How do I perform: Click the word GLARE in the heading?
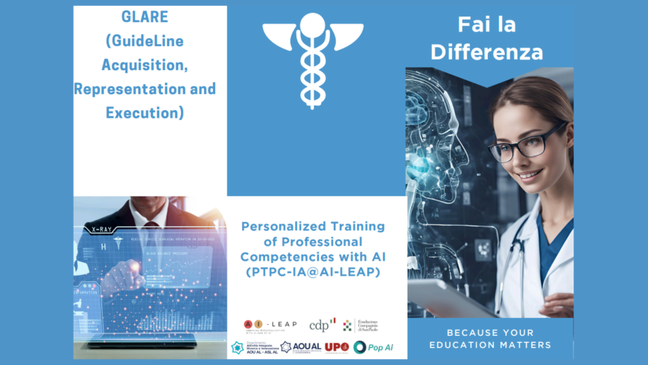[x=145, y=16]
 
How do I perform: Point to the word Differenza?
[x=497, y=52]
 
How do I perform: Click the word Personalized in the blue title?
[x=279, y=226]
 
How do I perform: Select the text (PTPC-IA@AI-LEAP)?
[x=317, y=273]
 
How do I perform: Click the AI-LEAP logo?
[x=270, y=324]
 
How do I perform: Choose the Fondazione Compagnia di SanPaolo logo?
[x=360, y=324]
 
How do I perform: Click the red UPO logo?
[x=337, y=347]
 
